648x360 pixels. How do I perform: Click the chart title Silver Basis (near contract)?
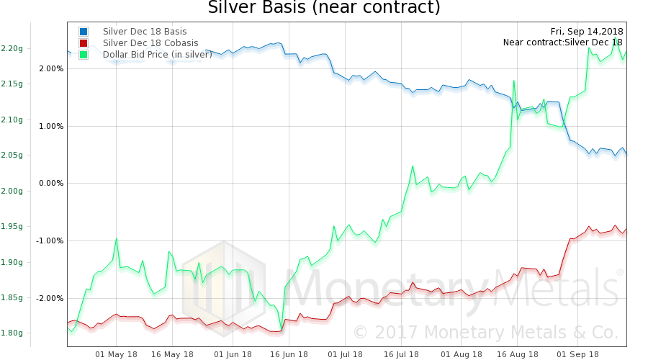pyautogui.click(x=323, y=9)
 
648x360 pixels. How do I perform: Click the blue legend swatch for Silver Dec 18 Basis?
pyautogui.click(x=84, y=32)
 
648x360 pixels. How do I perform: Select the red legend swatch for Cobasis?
pyautogui.click(x=84, y=43)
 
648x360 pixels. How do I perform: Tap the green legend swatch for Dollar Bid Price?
pyautogui.click(x=84, y=55)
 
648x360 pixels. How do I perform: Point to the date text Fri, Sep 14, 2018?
pyautogui.click(x=587, y=31)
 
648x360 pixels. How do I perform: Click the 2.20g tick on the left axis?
pyautogui.click(x=12, y=48)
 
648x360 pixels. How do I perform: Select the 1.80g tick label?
pyautogui.click(x=12, y=333)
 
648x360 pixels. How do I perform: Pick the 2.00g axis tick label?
pyautogui.click(x=12, y=191)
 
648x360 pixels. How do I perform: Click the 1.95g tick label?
pyautogui.click(x=12, y=226)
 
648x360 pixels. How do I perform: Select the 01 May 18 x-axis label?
pyautogui.click(x=116, y=354)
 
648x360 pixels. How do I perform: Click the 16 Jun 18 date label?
pyautogui.click(x=285, y=354)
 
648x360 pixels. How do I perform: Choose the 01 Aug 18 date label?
pyautogui.click(x=461, y=354)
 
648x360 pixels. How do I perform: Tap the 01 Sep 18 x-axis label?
pyautogui.click(x=578, y=354)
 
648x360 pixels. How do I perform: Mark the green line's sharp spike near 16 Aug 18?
pyautogui.click(x=514, y=81)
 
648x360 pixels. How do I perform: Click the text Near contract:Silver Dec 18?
pyautogui.click(x=563, y=42)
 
